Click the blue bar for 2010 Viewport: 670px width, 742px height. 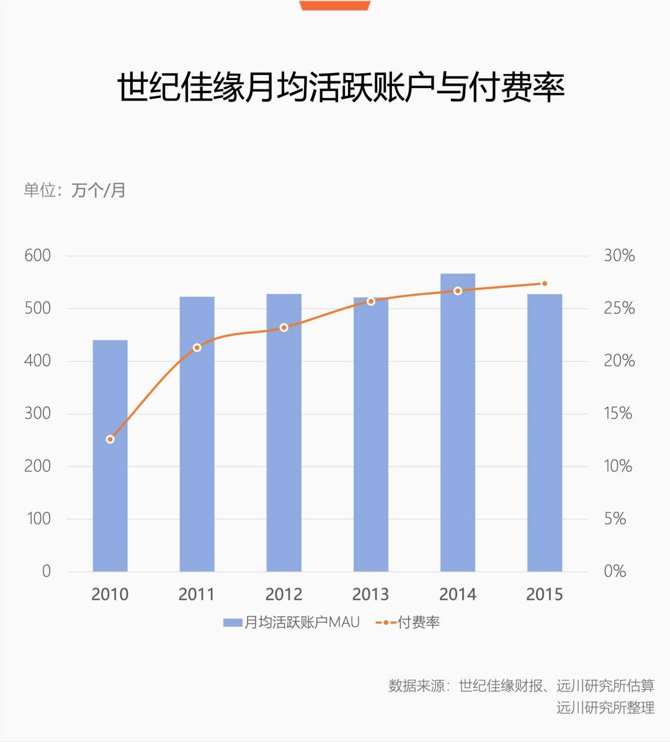click(x=110, y=456)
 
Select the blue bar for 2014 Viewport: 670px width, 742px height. click(x=458, y=422)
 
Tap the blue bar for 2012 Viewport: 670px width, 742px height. click(x=284, y=432)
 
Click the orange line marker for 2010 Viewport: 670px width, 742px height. click(x=110, y=440)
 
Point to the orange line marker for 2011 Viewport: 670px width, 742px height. click(x=197, y=348)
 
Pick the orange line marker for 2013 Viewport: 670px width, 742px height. click(x=371, y=302)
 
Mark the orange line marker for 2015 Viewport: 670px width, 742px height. click(x=545, y=284)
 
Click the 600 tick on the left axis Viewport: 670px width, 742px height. click(x=37, y=256)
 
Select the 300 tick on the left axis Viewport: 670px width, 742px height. click(x=37, y=414)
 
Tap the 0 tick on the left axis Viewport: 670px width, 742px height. click(x=47, y=571)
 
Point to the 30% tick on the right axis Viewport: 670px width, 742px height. click(x=619, y=256)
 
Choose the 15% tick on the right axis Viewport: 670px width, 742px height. click(x=618, y=414)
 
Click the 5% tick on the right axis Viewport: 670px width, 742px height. click(x=615, y=519)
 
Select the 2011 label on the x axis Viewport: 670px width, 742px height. click(x=197, y=594)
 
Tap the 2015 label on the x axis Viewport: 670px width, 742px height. click(x=545, y=594)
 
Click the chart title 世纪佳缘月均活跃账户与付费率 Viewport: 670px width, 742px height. click(x=341, y=87)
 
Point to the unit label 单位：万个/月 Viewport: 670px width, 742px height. click(x=74, y=190)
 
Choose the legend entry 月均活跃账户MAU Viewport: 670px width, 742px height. click(x=292, y=622)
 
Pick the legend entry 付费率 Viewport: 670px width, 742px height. click(x=408, y=622)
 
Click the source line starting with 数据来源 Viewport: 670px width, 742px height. click(x=522, y=685)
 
